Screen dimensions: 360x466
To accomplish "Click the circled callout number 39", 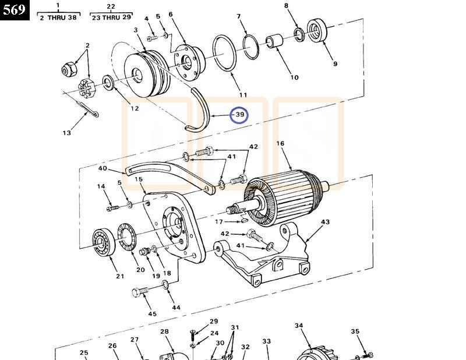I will [x=239, y=115].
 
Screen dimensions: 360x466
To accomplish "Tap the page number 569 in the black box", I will [x=15, y=10].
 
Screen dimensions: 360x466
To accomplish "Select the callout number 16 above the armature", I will [x=280, y=143].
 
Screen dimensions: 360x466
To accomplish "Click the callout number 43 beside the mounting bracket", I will [x=325, y=222].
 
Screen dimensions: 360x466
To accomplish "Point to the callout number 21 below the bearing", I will [x=120, y=276].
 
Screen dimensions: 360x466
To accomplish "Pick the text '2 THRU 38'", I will [x=58, y=17].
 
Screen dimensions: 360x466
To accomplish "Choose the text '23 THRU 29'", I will [x=111, y=17].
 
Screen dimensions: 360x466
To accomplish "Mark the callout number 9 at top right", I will [x=335, y=64].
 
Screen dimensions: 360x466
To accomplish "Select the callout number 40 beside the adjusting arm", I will [x=103, y=169].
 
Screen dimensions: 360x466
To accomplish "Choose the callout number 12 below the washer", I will [x=135, y=108].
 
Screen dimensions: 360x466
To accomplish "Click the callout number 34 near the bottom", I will [x=299, y=326].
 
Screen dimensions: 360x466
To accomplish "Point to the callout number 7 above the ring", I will [x=238, y=16].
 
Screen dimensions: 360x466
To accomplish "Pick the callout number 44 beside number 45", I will [x=176, y=308].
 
